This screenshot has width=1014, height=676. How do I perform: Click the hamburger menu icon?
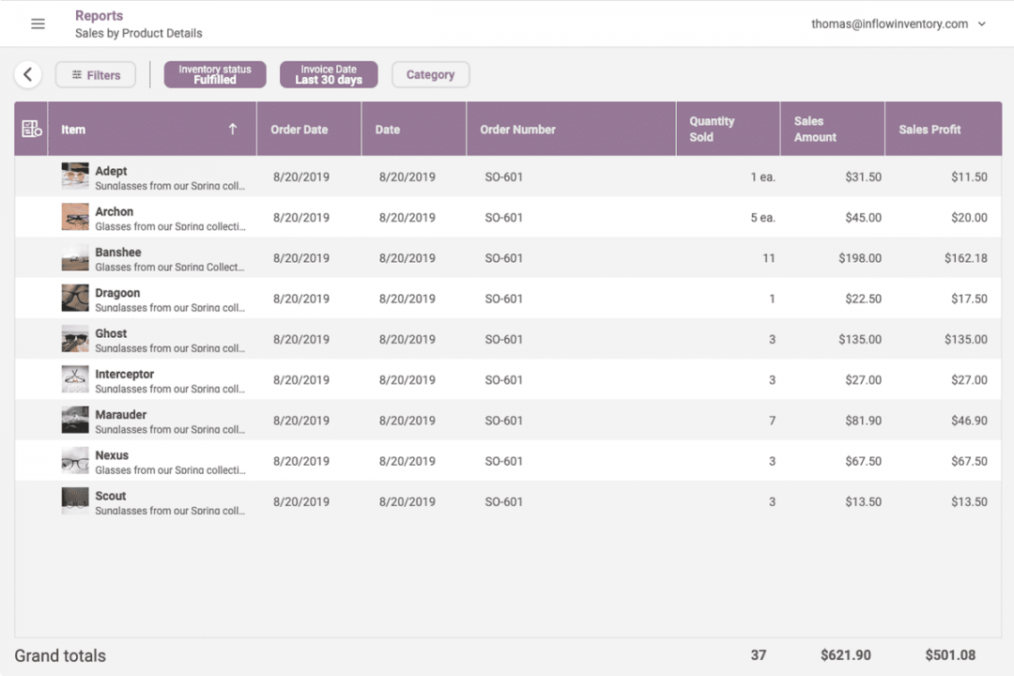[x=38, y=24]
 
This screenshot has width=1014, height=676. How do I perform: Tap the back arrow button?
[x=28, y=75]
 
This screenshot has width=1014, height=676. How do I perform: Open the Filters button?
[x=96, y=75]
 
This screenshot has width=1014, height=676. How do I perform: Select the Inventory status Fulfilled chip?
[x=215, y=75]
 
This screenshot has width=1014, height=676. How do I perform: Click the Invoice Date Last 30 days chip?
[x=329, y=75]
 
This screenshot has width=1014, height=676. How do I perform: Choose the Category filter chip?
[x=430, y=75]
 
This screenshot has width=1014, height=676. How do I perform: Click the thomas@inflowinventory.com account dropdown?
[x=899, y=24]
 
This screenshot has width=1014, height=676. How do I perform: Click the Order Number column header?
[x=518, y=130]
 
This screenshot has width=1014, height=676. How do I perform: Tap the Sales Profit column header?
[x=929, y=130]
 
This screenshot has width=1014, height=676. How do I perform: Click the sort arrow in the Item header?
[x=233, y=130]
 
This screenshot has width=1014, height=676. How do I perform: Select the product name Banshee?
[x=118, y=253]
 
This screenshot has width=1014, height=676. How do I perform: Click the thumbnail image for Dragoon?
[x=75, y=299]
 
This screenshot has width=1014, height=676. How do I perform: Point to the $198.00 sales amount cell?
[x=861, y=258]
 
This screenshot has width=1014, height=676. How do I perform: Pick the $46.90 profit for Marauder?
[x=969, y=421]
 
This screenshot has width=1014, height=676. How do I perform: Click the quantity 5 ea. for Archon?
[x=762, y=218]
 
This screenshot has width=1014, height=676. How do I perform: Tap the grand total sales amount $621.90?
[x=845, y=655]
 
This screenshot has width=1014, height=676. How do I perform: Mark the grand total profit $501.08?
[x=950, y=655]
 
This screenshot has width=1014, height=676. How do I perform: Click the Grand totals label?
[x=60, y=655]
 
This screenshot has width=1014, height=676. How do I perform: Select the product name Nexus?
[x=112, y=455]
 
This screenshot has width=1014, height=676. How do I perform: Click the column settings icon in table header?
[x=31, y=130]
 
